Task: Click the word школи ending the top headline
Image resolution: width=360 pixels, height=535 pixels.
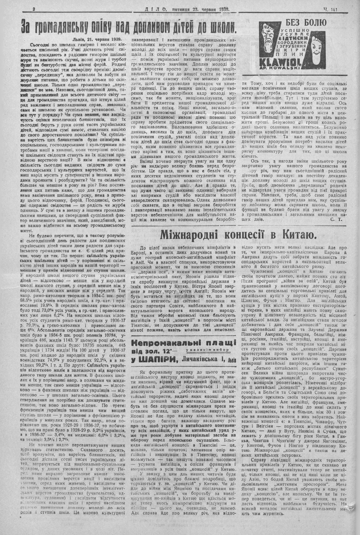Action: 221,27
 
